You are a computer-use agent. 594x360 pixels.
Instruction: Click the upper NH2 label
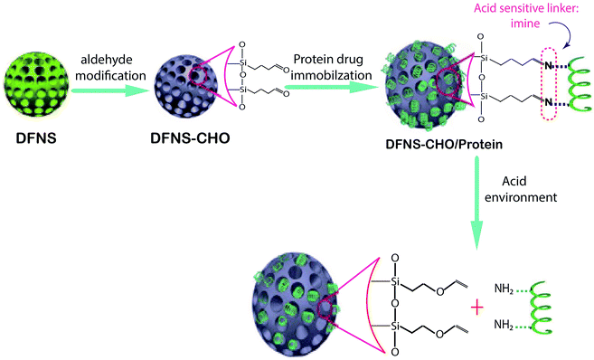[507, 289]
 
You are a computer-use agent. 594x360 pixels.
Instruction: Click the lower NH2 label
[507, 324]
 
